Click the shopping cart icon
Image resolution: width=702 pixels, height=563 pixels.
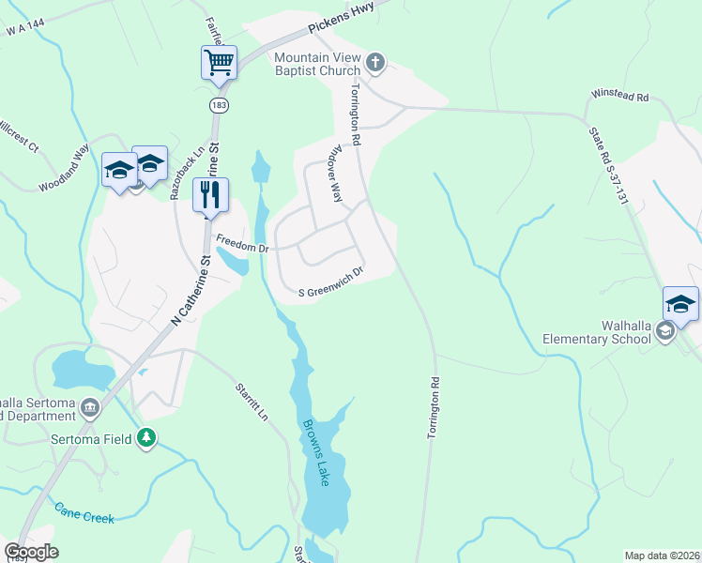[x=219, y=63]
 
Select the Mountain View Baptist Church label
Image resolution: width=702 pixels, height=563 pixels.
[x=317, y=64]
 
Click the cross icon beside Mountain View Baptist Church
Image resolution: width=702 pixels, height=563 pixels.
[x=374, y=63]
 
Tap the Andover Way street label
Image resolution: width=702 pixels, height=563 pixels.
[x=332, y=178]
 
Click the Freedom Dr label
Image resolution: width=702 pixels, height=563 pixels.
[x=243, y=244]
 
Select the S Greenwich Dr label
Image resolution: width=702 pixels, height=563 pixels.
[x=330, y=269]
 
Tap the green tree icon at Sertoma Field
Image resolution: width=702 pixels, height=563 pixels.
[x=145, y=437]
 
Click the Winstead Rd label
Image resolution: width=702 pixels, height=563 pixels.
[x=619, y=96]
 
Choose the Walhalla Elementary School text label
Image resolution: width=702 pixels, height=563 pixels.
[x=597, y=332]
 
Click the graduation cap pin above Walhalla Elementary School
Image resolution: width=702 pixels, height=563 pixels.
[x=680, y=303]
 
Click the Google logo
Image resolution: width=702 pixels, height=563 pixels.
[x=31, y=552]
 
